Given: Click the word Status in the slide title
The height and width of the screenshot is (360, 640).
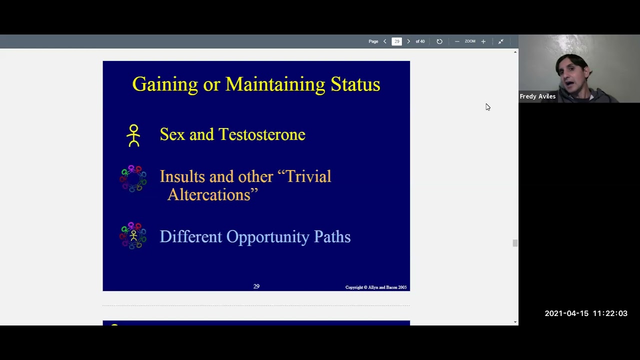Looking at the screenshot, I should tap(355, 84).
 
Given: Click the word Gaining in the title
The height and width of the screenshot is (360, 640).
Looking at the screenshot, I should tap(165, 84).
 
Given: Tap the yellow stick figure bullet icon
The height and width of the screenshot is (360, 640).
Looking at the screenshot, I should tap(133, 135).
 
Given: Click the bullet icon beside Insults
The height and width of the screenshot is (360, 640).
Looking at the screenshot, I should tap(133, 178).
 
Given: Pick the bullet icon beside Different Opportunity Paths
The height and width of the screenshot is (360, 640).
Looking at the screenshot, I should tap(133, 235).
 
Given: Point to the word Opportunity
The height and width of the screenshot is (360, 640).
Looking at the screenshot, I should tap(267, 237).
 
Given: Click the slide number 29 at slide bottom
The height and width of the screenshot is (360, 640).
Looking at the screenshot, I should tap(256, 286).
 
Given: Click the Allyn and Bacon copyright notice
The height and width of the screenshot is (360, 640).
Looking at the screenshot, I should tap(376, 287).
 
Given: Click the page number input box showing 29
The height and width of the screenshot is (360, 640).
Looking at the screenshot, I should tap(396, 41).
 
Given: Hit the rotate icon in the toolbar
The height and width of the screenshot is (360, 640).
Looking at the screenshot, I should tap(439, 41).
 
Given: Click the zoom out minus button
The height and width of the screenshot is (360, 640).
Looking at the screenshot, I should tap(457, 41).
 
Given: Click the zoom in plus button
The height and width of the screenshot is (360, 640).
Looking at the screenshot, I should tap(483, 41).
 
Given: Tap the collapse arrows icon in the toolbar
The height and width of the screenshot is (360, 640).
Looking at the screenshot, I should tap(500, 41).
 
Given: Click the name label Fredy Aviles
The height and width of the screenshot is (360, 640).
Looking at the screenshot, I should tap(537, 96).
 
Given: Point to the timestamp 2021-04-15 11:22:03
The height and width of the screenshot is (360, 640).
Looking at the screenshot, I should tap(586, 313).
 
